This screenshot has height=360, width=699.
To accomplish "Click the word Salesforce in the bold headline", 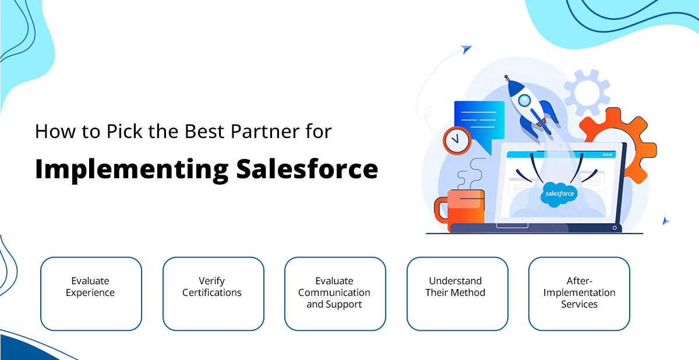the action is (307, 169).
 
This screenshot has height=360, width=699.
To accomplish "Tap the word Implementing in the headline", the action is (132, 171).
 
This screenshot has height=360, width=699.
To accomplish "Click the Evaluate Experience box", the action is (91, 294).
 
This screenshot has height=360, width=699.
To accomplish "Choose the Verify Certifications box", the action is (213, 294).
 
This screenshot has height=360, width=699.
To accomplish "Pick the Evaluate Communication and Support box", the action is (335, 294).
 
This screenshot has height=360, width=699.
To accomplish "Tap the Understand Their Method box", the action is (457, 294).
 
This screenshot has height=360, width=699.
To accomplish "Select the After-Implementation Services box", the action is (579, 294).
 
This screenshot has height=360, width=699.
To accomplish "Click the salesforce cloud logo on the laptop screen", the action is (559, 195).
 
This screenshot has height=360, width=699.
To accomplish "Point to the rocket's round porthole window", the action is (524, 100).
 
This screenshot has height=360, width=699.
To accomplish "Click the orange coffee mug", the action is (460, 210).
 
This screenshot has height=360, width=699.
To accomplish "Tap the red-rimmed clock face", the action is (457, 140).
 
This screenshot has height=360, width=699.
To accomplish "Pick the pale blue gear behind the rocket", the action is (587, 93).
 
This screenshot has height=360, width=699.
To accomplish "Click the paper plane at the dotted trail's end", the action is (466, 49).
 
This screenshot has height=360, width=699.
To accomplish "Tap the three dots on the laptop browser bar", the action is (607, 155).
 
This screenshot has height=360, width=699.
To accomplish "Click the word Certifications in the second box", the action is (212, 292).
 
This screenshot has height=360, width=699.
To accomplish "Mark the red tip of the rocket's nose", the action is (506, 77).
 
